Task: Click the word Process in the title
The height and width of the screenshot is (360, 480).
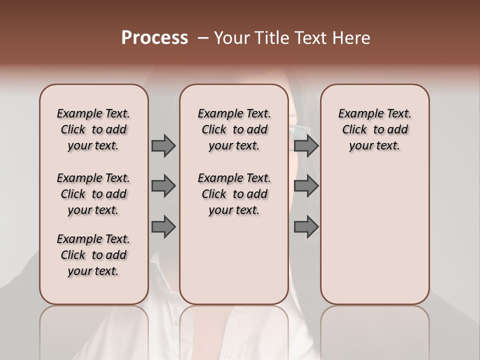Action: click(154, 38)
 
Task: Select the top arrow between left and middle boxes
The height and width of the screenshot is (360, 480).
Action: click(163, 146)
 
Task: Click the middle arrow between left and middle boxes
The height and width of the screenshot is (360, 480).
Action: click(163, 186)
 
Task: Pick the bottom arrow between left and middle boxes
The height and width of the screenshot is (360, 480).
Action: click(163, 227)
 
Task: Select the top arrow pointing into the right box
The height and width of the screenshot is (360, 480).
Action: click(306, 146)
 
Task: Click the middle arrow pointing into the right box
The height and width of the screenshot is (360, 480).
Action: click(306, 186)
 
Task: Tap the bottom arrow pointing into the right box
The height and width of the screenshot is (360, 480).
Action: click(306, 227)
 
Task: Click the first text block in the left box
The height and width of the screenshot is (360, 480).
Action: click(93, 129)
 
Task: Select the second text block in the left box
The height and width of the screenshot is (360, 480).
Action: click(93, 194)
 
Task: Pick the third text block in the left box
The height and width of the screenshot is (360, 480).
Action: click(93, 255)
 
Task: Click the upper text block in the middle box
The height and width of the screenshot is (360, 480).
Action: click(234, 129)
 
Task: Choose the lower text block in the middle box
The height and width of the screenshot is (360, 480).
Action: click(234, 194)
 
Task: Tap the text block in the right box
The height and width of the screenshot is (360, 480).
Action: click(374, 129)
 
